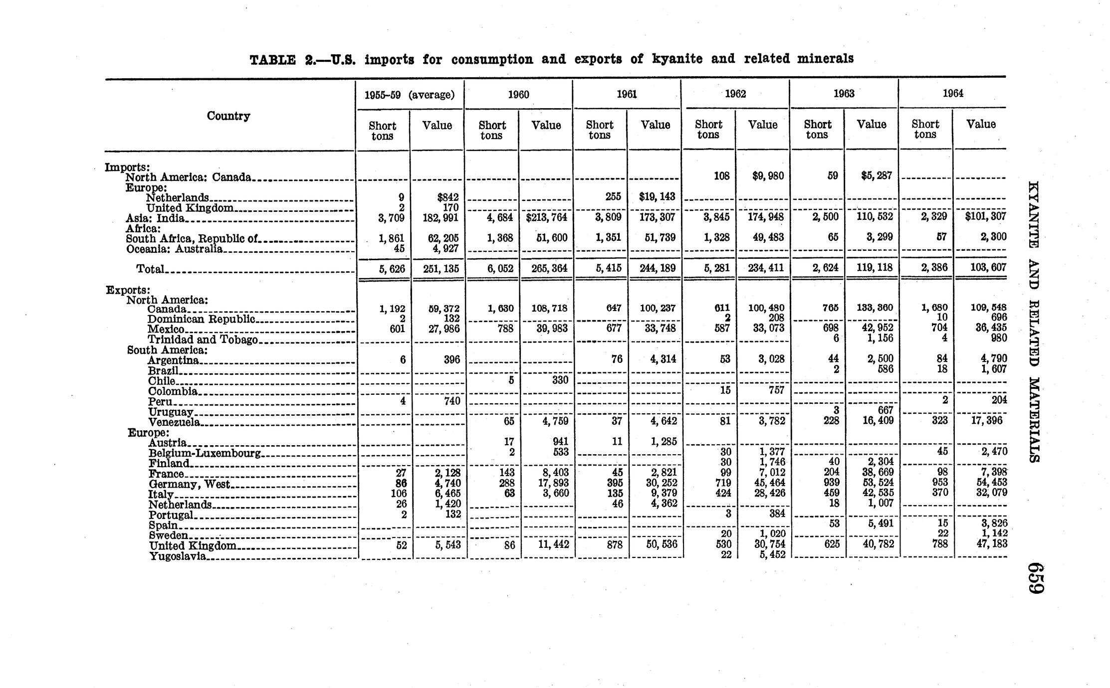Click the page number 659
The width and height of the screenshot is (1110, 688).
(x=1036, y=578)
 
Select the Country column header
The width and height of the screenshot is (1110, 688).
(x=228, y=116)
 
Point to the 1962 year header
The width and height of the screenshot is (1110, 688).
(x=735, y=94)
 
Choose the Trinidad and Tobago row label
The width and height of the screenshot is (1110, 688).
(x=203, y=340)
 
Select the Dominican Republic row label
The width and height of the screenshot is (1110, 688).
(x=202, y=319)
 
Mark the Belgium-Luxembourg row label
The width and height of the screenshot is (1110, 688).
(x=205, y=453)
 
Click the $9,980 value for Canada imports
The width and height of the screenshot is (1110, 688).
(x=767, y=176)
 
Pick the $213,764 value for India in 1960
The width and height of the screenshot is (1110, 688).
(x=545, y=217)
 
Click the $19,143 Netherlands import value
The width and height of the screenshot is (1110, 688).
(x=657, y=196)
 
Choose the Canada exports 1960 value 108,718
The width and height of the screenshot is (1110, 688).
(x=549, y=309)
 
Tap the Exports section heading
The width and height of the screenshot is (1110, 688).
(x=128, y=290)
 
